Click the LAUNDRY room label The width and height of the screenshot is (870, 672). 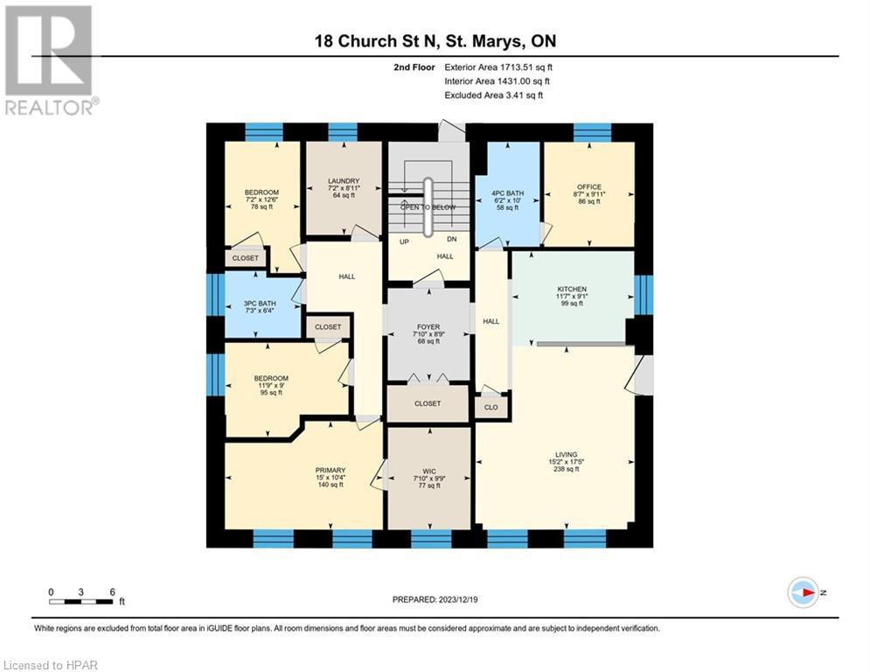343,181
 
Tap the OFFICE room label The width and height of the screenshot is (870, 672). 588,185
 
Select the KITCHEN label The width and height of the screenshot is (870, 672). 572,289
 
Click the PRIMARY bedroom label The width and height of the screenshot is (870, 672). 330,470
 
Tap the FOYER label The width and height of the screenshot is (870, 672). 428,327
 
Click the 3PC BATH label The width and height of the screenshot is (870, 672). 261,304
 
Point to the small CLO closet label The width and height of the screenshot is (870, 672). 491,407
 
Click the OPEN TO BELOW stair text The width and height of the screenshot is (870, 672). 428,206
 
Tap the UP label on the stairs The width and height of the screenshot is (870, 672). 404,241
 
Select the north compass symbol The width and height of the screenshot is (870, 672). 803,592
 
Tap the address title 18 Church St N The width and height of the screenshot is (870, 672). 435,41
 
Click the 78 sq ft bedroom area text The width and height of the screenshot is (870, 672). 261,207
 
